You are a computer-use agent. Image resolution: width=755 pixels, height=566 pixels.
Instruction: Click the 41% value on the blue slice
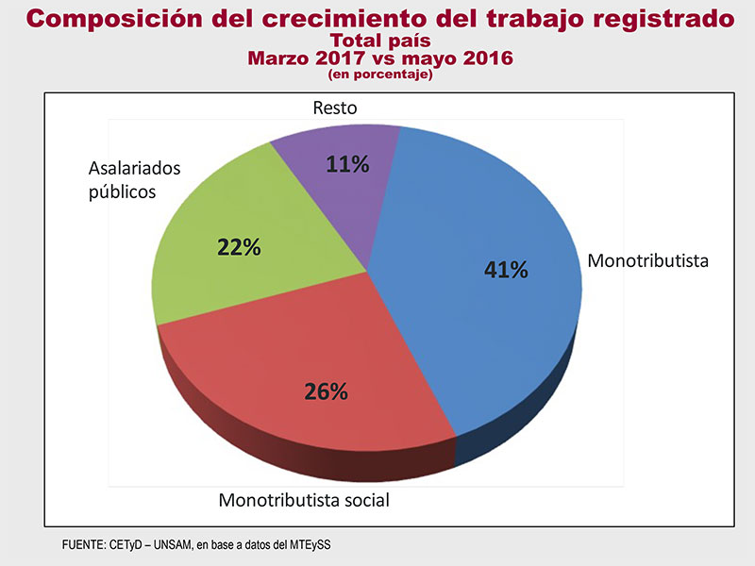point(506,271)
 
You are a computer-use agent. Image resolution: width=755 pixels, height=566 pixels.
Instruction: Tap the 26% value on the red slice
point(327,391)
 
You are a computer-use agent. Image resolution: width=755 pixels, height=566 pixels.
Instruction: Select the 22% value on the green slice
point(238,248)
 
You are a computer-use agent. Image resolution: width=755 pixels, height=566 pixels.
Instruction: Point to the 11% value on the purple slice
point(347,164)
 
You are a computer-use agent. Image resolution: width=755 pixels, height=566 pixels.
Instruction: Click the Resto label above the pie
point(335,108)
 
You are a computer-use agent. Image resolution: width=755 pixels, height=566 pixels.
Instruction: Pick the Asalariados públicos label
point(134,180)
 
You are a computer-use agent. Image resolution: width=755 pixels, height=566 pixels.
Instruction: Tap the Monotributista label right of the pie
point(647,259)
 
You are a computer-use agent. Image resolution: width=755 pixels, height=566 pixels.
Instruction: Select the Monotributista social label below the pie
point(304,499)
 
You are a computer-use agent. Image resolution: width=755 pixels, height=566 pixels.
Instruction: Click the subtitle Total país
point(378,41)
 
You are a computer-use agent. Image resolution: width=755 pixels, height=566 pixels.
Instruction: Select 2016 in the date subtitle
point(483,58)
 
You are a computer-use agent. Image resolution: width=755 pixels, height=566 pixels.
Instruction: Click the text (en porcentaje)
point(379,74)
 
